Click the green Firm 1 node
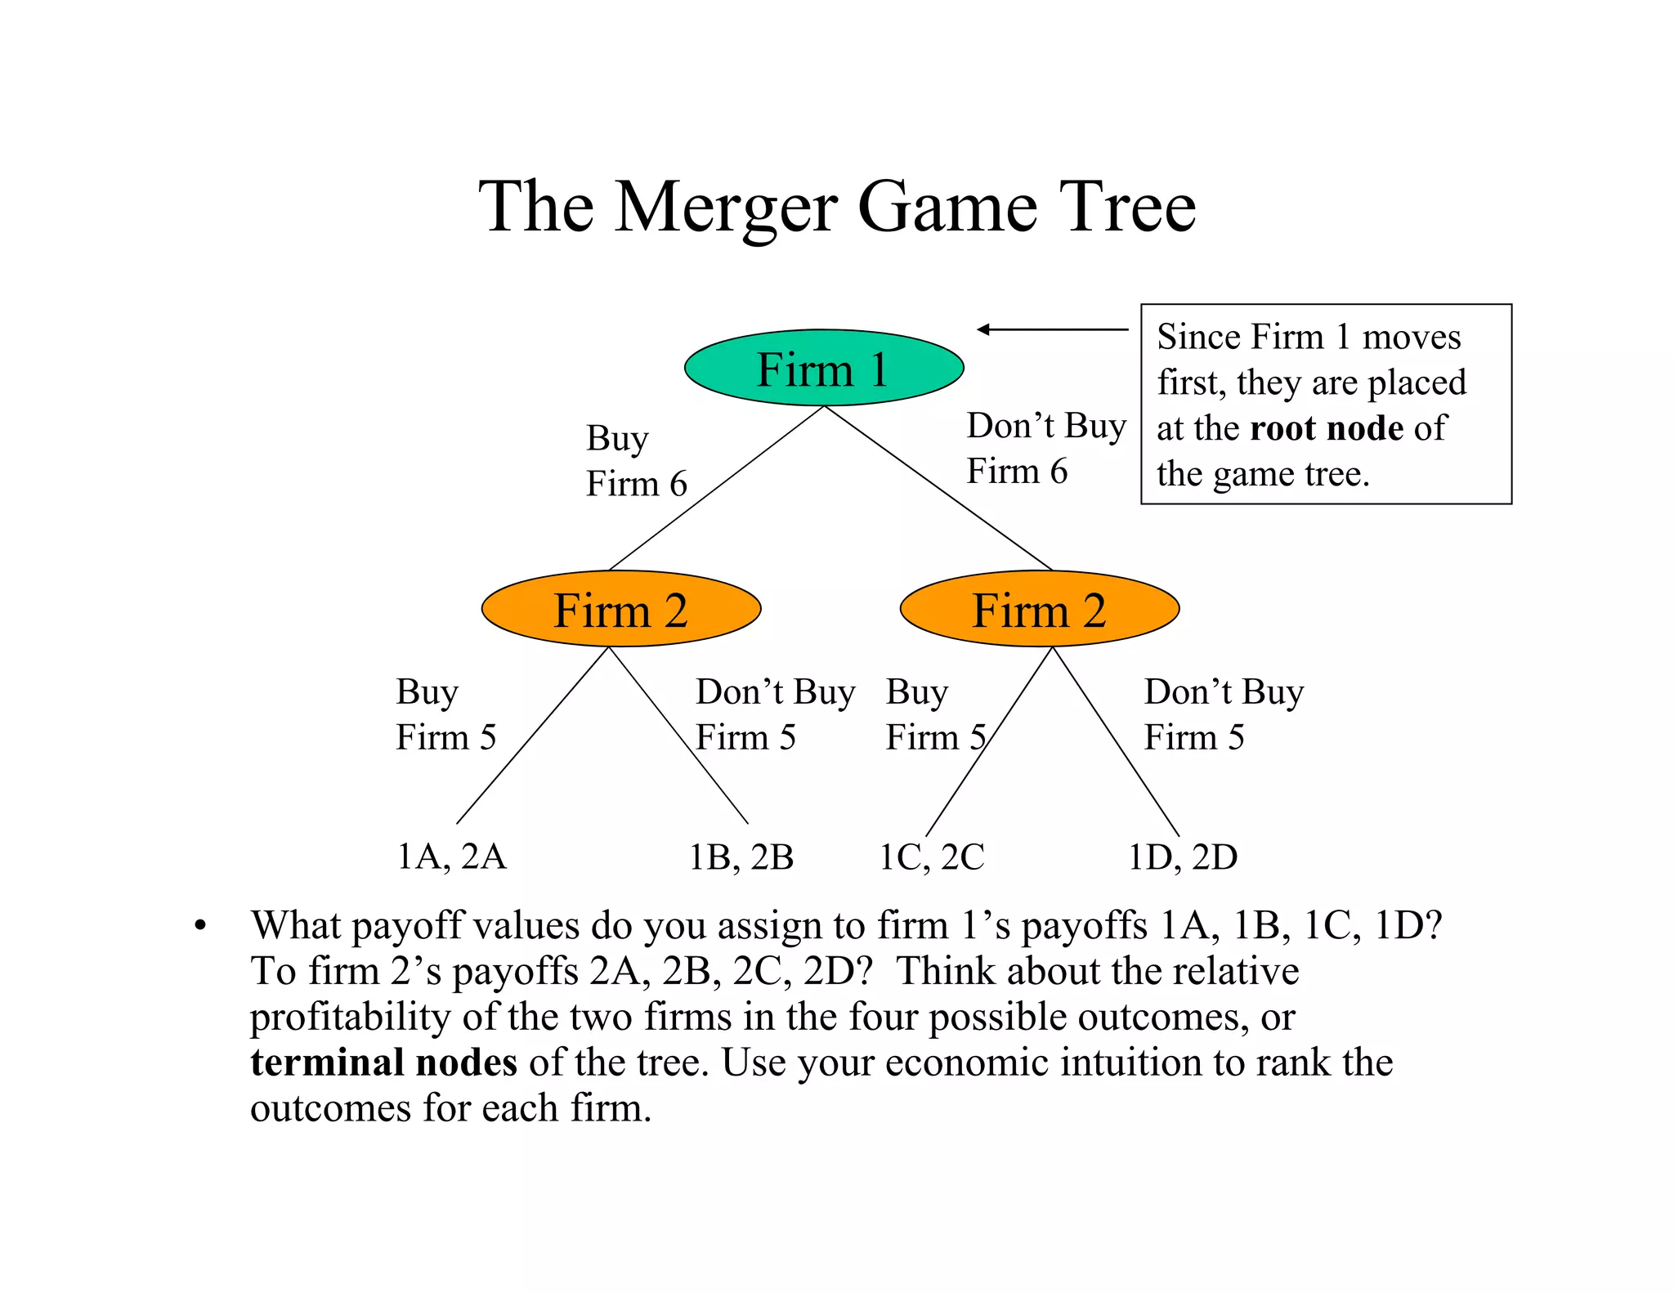[823, 368]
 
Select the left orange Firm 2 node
[620, 609]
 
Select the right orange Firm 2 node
[1039, 609]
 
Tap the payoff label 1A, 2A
[451, 857]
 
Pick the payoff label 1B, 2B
[741, 857]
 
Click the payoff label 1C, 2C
[931, 857]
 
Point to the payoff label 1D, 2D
[1182, 857]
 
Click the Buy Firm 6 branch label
[635, 461]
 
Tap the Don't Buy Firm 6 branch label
[1045, 448]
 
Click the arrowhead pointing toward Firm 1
[983, 329]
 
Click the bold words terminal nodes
[383, 1063]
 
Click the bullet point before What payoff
[200, 927]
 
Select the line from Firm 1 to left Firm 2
[716, 489]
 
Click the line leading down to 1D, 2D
[1116, 741]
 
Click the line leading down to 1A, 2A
[533, 736]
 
